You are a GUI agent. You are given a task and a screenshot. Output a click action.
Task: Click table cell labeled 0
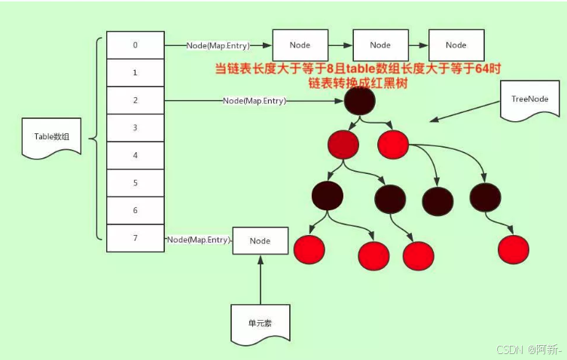135,45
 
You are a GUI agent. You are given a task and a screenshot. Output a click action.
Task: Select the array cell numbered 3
135,128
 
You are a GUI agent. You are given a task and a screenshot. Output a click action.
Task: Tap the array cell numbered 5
135,183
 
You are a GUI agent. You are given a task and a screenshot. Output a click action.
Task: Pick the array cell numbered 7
135,238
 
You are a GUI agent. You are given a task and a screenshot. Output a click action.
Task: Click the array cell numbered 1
135,73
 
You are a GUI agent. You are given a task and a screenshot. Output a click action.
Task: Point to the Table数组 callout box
52,138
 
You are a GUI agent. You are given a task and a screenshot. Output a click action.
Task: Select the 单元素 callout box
260,322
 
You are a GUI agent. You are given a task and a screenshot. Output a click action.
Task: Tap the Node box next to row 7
260,241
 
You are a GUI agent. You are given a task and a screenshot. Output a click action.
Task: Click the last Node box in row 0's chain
456,45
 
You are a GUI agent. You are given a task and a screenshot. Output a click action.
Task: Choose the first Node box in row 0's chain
300,45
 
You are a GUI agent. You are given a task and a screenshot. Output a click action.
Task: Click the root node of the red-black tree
361,101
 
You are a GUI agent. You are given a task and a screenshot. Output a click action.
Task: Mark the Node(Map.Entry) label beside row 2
255,101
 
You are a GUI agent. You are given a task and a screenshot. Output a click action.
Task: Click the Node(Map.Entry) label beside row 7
198,240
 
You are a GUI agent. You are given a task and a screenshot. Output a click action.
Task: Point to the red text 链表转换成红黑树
358,84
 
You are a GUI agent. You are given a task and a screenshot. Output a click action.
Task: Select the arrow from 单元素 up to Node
260,279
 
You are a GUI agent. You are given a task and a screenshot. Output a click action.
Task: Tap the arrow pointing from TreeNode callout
464,111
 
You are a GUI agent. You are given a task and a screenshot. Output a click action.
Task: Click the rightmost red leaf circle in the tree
514,249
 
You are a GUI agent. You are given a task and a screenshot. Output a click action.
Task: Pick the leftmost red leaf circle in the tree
309,249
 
